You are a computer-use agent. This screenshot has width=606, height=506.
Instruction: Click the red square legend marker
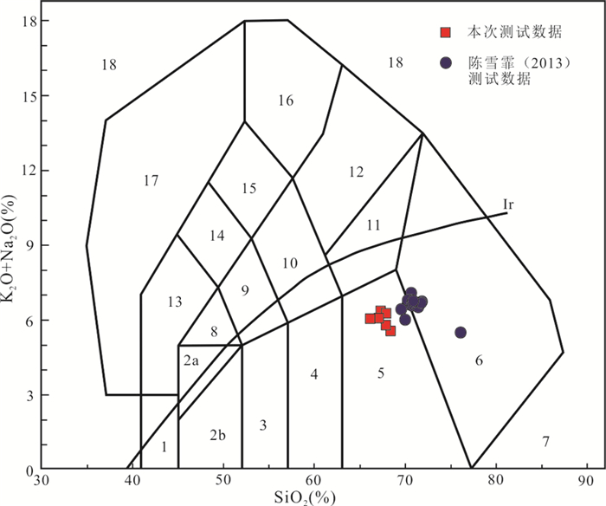(445, 33)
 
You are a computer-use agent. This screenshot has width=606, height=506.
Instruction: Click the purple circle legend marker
(445, 63)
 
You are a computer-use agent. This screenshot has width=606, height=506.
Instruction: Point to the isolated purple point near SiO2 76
(461, 333)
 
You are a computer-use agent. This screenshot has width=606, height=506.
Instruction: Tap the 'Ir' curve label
(511, 204)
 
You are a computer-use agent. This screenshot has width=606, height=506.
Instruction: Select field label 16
(286, 101)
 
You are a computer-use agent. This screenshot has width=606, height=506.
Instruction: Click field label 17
(151, 180)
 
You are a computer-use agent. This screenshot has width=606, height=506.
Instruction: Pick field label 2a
(192, 360)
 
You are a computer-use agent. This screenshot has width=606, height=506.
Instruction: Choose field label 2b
(217, 434)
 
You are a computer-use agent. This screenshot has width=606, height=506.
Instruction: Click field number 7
(545, 443)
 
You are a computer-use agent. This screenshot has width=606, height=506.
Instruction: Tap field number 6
(478, 360)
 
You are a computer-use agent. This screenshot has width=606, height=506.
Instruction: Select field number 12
(356, 172)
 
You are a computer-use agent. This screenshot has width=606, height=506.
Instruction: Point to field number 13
(175, 302)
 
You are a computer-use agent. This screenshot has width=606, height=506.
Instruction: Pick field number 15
(249, 189)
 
